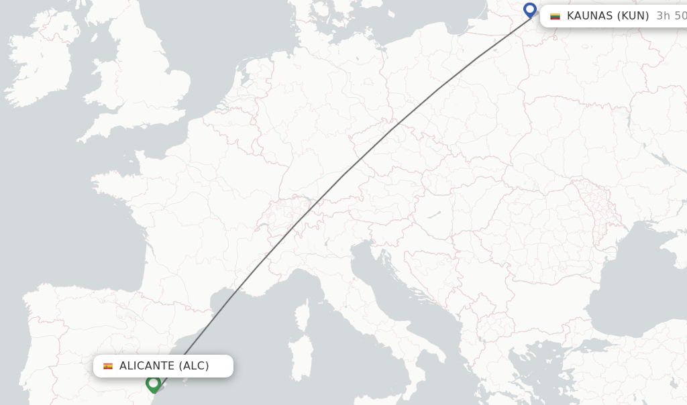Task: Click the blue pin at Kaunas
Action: [530, 10]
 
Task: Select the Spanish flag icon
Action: [108, 366]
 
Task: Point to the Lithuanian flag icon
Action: [555, 16]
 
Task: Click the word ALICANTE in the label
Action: [147, 366]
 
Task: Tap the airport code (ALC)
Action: [194, 366]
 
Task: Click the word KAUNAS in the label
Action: [590, 16]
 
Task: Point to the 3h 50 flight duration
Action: [671, 16]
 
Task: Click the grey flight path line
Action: [342, 176]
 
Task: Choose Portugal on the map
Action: [40, 342]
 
